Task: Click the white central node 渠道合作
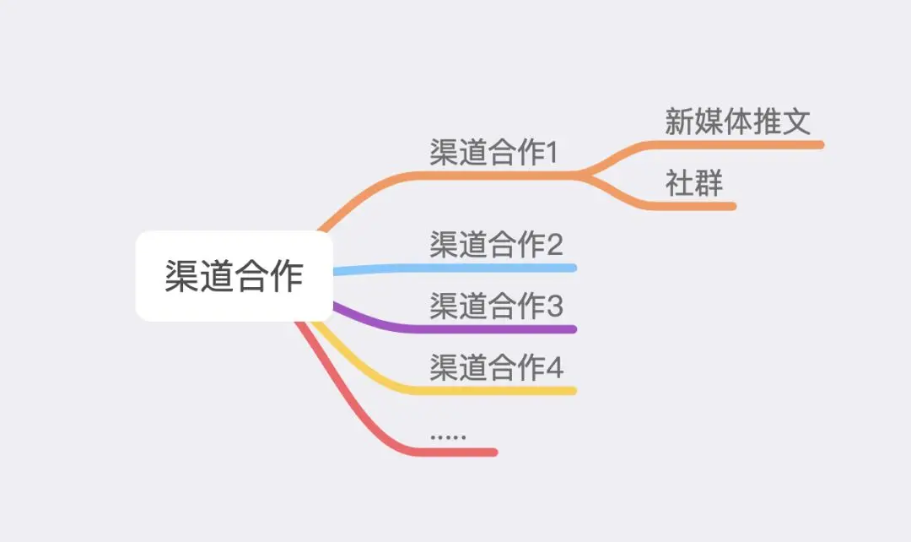234,276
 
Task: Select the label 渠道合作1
494,153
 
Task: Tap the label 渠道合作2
496,245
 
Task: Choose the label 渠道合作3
496,306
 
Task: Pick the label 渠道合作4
496,367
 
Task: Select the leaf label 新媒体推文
737,122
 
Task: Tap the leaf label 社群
694,183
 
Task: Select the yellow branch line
489,391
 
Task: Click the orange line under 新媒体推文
742,145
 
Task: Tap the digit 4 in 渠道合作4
554,368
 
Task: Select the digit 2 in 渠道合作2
554,246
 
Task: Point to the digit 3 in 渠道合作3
554,306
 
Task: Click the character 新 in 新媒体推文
679,122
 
